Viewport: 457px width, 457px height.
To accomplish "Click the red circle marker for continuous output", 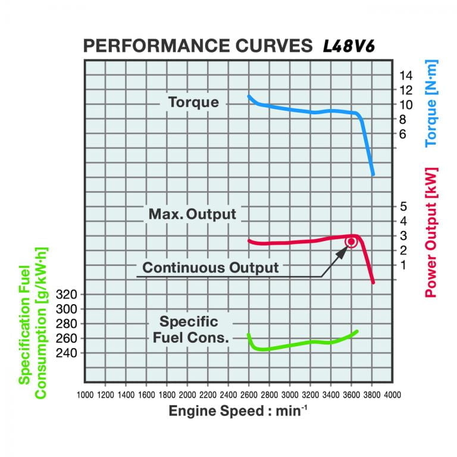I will tap(351, 242).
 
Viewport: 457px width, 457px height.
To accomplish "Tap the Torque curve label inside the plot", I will tap(193, 102).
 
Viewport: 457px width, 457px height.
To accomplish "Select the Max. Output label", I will tap(192, 214).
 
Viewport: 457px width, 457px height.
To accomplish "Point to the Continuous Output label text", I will tap(210, 268).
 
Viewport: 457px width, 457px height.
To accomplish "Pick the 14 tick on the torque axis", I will tap(406, 76).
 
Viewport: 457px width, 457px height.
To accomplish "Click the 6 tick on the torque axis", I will tap(402, 134).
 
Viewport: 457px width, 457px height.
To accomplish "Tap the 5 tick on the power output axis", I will tap(402, 207).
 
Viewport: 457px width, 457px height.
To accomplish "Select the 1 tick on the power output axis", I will tap(402, 265).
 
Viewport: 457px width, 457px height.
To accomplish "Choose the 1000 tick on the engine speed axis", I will tap(85, 395).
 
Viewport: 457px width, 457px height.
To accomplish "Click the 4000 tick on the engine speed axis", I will tap(392, 395).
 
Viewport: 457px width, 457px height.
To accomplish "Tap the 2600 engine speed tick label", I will tap(249, 395).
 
